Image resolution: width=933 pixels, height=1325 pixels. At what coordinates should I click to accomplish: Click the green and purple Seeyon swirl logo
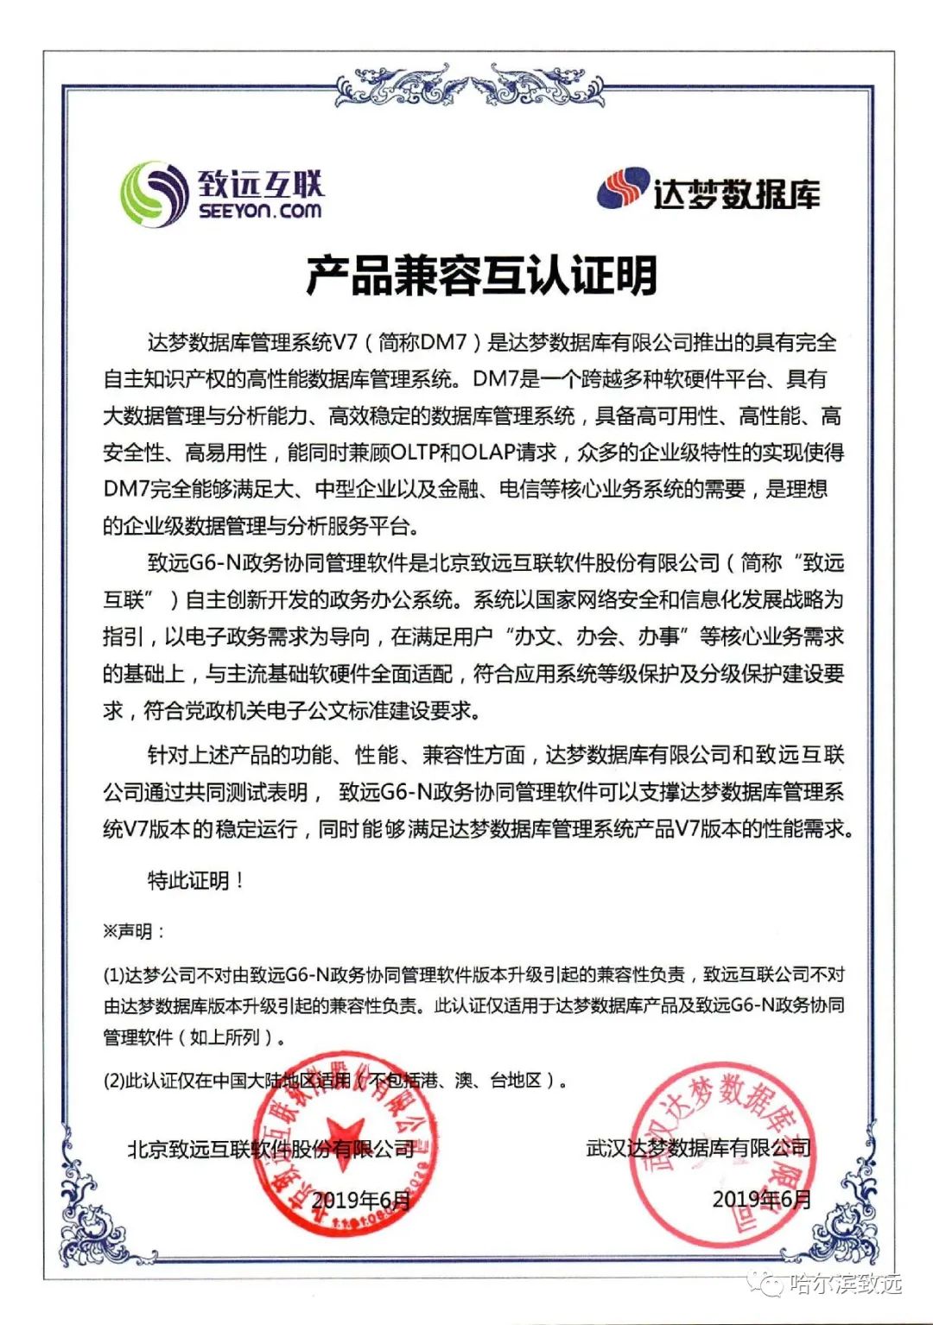tap(154, 194)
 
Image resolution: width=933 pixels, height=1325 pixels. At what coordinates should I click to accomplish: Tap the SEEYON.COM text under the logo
tap(259, 211)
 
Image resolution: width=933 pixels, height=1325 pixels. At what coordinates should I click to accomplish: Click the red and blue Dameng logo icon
tap(622, 188)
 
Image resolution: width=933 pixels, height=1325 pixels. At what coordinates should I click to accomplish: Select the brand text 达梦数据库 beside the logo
tap(736, 194)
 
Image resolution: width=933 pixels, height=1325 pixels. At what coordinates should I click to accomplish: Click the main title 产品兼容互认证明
tap(480, 275)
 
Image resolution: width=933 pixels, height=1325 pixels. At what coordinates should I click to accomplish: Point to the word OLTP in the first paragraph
tap(416, 452)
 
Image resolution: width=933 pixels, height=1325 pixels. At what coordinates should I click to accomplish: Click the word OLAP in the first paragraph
tap(487, 452)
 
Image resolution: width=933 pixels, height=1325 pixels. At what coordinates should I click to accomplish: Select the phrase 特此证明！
tap(196, 880)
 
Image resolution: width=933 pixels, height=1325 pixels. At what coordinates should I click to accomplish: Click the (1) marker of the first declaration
tap(113, 975)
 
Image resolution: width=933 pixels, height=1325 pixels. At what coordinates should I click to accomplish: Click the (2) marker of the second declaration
tap(113, 1081)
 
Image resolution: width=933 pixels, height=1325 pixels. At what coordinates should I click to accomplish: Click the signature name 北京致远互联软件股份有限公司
tap(271, 1149)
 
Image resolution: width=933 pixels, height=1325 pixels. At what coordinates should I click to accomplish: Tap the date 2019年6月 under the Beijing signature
tap(360, 1200)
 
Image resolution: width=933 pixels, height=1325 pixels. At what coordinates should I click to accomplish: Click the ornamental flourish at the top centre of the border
tap(469, 86)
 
